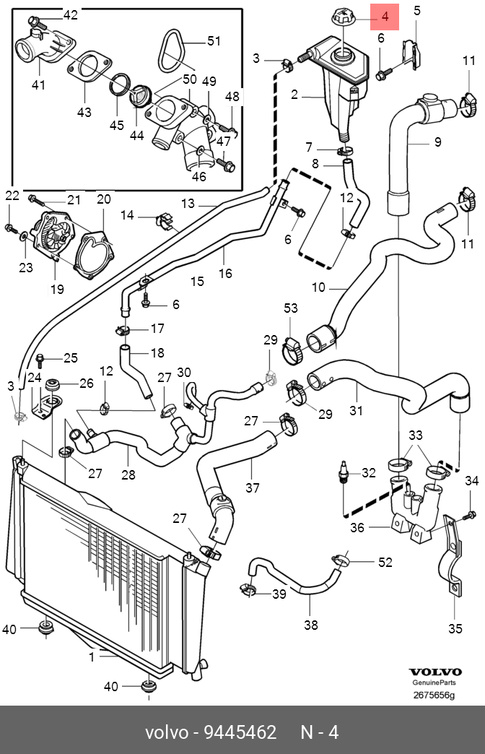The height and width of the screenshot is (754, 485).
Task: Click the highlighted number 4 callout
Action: pos(385,16)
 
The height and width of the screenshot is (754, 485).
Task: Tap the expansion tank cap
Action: pos(341,17)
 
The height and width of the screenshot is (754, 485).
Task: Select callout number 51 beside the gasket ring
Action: pos(214,41)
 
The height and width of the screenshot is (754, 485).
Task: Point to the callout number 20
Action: pos(103,199)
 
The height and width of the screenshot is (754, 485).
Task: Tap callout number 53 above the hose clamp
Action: pos(290,308)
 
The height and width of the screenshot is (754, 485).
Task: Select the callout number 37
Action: pos(252,488)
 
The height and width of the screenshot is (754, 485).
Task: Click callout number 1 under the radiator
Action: pos(92,656)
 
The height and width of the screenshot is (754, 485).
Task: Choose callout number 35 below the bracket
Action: pos(455,628)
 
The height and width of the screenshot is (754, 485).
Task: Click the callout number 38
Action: pos(310,625)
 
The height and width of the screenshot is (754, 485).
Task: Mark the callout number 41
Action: pos(38,85)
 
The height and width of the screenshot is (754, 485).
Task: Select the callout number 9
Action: pos(437,142)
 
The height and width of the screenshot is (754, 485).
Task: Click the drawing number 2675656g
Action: pos(433,695)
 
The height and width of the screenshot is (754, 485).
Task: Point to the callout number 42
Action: pos(70,15)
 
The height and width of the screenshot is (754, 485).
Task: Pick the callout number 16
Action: pos(225,273)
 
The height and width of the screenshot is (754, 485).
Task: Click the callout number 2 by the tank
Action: pos(294,94)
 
